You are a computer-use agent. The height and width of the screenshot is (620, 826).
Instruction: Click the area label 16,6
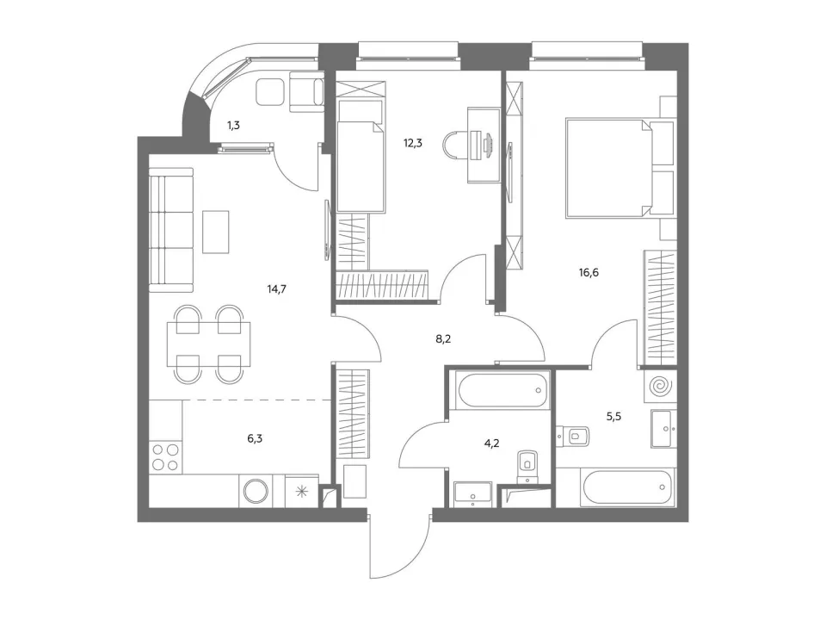tap(589, 273)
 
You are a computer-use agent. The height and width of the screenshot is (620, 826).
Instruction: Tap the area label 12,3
tap(413, 143)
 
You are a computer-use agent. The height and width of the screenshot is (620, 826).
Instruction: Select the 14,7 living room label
tap(276, 289)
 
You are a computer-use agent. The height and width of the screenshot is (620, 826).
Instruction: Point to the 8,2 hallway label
tap(443, 339)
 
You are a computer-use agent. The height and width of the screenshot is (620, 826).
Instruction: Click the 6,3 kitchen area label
tap(255, 438)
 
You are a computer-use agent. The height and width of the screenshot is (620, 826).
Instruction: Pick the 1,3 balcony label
tap(233, 126)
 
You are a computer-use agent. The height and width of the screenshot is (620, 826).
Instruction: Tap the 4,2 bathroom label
tap(491, 443)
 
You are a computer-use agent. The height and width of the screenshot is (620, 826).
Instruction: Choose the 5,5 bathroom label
tap(613, 417)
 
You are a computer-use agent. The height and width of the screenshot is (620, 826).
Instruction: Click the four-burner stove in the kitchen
tap(164, 457)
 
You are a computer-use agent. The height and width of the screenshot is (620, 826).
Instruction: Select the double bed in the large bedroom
tap(619, 168)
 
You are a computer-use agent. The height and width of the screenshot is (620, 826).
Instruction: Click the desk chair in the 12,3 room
tap(453, 145)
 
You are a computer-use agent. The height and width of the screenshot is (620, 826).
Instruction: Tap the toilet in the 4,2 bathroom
tap(527, 465)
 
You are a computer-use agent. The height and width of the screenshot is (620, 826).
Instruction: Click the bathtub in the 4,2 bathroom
tap(502, 390)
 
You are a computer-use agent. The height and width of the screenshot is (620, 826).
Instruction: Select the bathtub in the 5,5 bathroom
tap(628, 487)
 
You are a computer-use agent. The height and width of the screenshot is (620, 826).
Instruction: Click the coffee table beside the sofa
tap(216, 232)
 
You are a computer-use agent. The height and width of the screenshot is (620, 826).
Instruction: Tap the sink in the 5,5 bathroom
tap(663, 428)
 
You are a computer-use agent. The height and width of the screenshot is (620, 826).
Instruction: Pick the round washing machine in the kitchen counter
tap(256, 491)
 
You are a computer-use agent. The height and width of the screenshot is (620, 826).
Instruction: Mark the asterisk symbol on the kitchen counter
tap(302, 493)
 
